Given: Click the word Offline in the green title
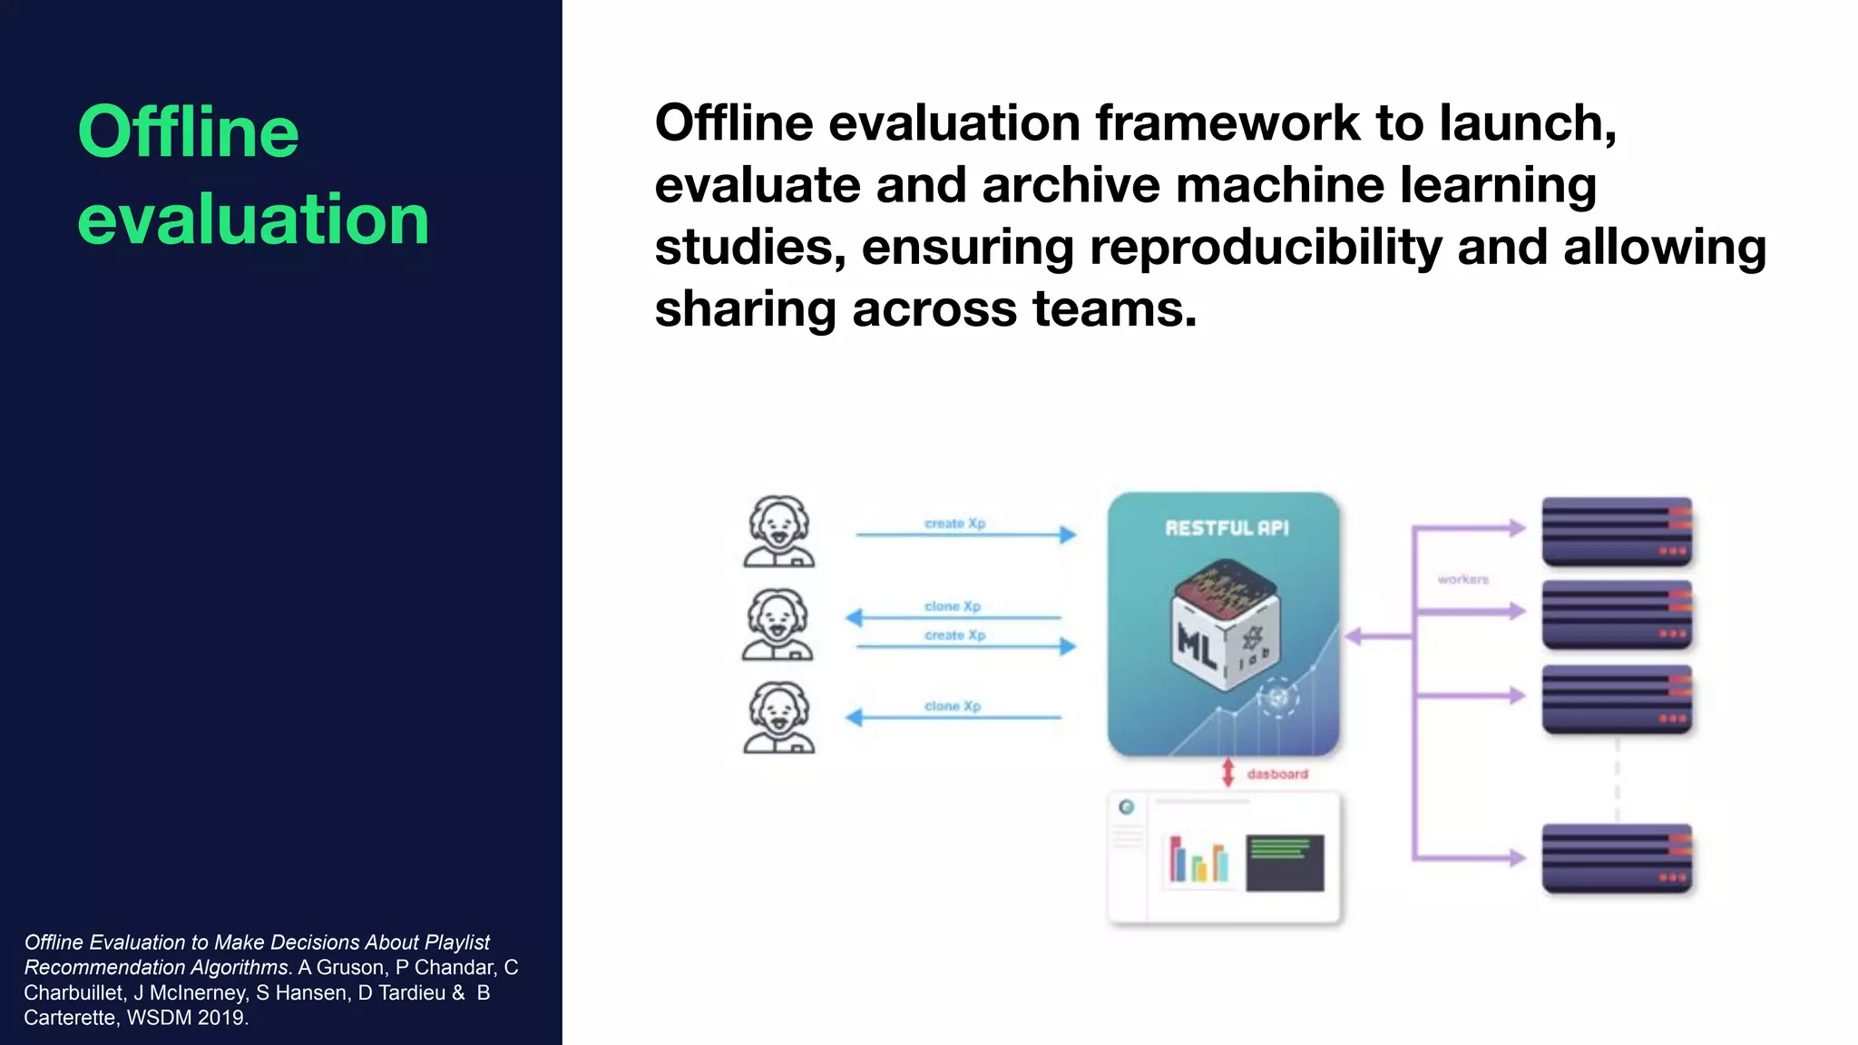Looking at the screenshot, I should [x=188, y=132].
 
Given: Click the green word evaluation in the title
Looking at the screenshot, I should [x=253, y=220].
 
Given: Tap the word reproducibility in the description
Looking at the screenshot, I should [x=1266, y=248].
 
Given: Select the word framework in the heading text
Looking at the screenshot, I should [x=1227, y=123].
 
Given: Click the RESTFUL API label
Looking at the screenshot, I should [x=1227, y=528].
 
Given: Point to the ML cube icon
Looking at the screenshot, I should [x=1225, y=626].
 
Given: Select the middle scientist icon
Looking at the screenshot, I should [x=777, y=625].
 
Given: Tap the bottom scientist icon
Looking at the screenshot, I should [x=778, y=718].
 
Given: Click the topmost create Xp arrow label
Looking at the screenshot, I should [x=954, y=523].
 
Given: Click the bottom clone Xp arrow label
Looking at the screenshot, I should [x=953, y=706].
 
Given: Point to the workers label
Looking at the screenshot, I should [x=1462, y=579].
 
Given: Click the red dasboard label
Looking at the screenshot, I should [x=1277, y=774].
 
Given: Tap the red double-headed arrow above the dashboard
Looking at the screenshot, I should [x=1227, y=773].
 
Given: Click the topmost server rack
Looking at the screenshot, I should [x=1617, y=532].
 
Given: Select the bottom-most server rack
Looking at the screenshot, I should [x=1617, y=858].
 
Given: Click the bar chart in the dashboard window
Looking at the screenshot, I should [x=1198, y=860].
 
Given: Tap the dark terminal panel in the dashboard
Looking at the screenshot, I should [x=1285, y=863].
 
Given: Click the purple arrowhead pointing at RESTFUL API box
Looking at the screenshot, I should [x=1354, y=637].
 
